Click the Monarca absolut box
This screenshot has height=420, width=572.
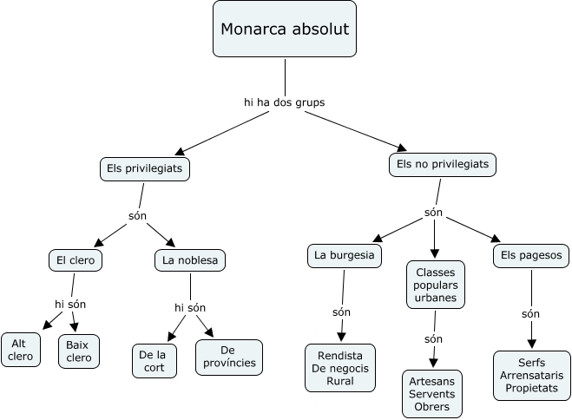285,30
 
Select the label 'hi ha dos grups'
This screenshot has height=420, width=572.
284,102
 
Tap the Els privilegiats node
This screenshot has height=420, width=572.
144,169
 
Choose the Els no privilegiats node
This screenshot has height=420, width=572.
442,163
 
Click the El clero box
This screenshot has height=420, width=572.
76,259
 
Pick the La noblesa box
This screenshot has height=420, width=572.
190,259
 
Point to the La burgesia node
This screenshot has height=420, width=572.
345,255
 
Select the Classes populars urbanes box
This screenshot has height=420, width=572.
436,285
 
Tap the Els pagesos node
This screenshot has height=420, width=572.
531,255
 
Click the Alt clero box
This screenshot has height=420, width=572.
20,350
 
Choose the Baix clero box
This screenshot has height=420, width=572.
78,351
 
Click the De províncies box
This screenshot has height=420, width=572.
228,356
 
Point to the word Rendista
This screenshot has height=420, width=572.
340,356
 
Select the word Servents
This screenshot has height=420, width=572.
432,394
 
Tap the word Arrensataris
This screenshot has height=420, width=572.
531,375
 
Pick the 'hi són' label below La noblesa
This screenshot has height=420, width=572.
189,307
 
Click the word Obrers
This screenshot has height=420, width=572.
432,407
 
